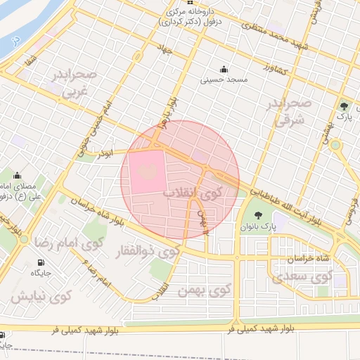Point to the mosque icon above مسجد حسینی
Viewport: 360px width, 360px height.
224,69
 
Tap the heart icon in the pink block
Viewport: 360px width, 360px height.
146,170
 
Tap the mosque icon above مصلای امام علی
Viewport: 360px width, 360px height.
17,176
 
